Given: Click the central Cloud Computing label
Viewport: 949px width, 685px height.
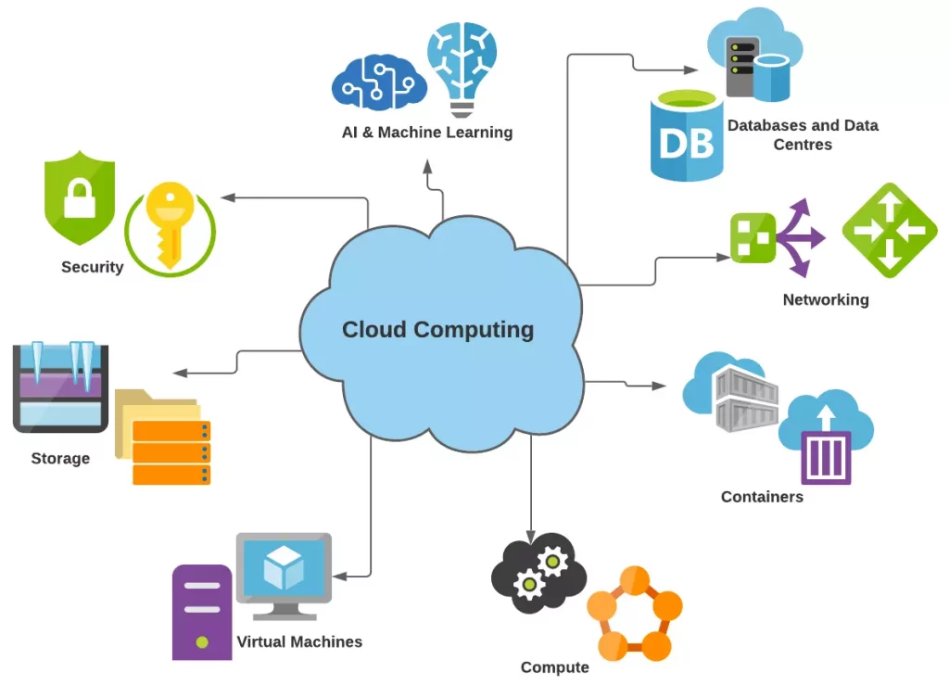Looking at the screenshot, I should (437, 329).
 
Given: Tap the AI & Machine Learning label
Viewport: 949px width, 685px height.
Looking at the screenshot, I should (426, 133).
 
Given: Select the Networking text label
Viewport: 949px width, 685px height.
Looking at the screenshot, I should (826, 299).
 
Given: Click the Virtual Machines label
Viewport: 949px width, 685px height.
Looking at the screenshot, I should (299, 641).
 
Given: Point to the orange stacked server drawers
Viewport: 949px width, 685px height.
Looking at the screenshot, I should (171, 452).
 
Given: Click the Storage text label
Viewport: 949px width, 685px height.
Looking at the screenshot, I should (60, 458).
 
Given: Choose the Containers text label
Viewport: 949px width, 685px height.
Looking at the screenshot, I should (762, 497).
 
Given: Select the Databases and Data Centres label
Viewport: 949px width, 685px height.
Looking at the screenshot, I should (803, 134).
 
